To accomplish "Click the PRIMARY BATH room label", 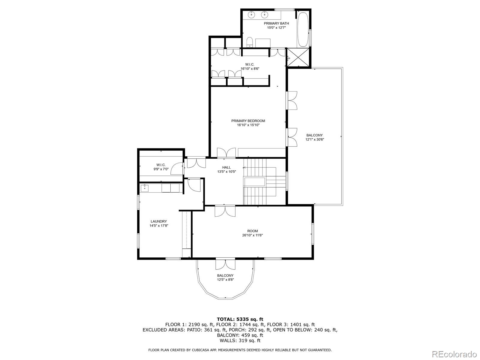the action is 276,23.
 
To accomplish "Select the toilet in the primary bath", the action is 250,42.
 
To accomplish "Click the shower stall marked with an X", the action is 298,58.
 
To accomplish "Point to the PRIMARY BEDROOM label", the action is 248,121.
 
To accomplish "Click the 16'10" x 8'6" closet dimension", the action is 250,69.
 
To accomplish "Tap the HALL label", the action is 226,167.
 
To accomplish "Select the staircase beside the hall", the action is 265,181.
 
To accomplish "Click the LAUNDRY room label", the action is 158,221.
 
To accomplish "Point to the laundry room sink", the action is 145,188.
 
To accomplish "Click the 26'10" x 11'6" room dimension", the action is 252,235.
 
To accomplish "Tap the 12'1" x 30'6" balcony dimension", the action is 314,139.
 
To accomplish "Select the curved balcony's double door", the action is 226,264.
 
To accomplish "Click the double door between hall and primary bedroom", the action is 226,153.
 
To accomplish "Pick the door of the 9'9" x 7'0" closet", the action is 177,169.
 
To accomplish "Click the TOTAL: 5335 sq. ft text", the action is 240,319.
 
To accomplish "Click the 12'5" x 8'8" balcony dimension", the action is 225,280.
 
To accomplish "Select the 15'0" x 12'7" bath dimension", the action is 276,28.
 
